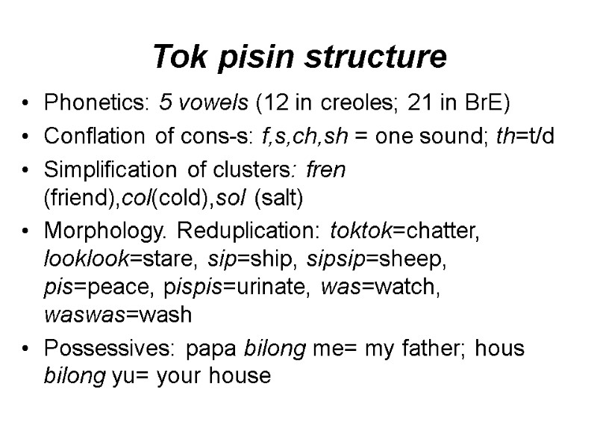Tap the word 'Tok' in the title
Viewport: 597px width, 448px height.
(175, 56)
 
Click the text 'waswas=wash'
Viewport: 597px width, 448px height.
(118, 316)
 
